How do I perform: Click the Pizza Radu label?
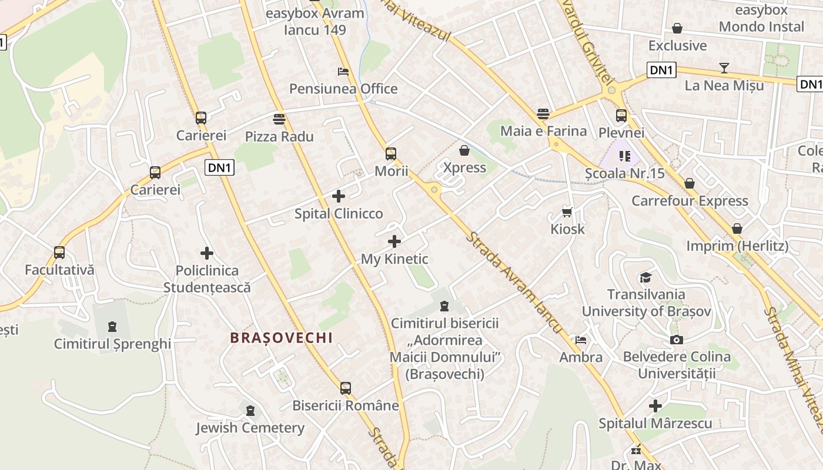(279, 136)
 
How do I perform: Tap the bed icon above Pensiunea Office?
(343, 72)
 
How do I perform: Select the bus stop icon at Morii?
(391, 154)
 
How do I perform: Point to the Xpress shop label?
(464, 167)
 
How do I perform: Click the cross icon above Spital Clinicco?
(339, 196)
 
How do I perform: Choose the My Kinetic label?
(394, 258)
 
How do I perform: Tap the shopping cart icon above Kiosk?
(567, 212)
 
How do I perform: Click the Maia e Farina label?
(543, 130)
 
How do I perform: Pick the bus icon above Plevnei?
(621, 115)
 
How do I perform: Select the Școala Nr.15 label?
(624, 173)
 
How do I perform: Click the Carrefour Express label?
(690, 201)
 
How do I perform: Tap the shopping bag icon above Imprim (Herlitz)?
(737, 229)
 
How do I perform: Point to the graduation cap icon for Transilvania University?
(646, 277)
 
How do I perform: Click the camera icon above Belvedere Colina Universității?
(677, 340)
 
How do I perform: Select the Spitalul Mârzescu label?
(655, 423)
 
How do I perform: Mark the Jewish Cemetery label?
(250, 428)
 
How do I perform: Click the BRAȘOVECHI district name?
(281, 338)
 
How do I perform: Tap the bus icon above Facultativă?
(59, 253)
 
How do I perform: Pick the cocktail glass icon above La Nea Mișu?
(724, 68)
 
